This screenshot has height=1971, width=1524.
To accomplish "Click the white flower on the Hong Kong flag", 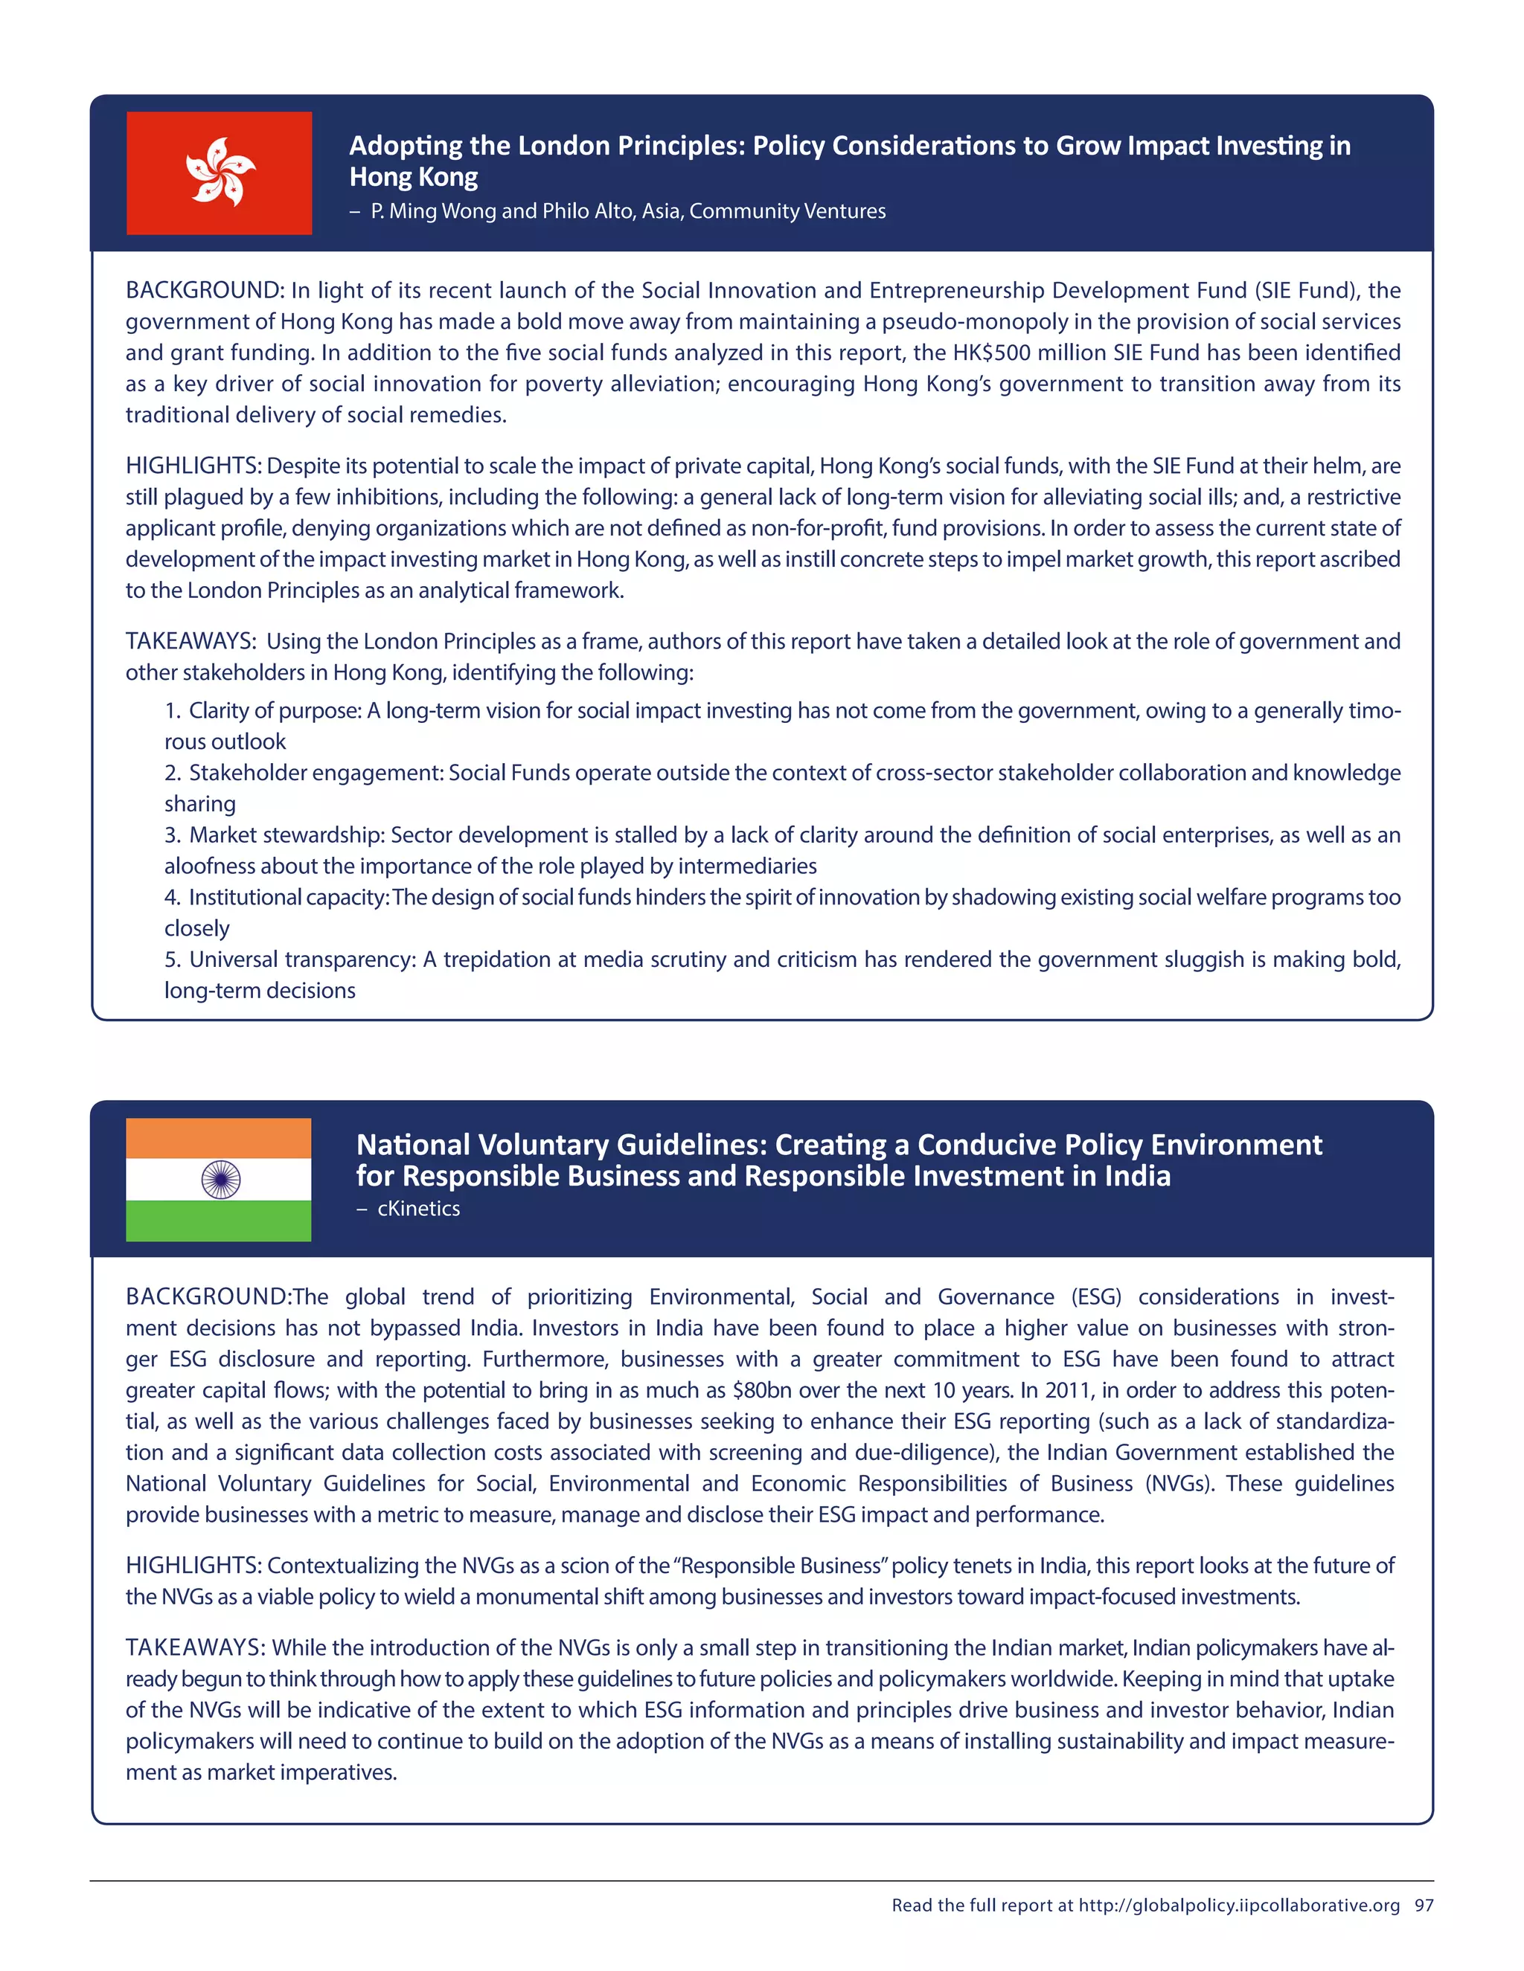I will (x=220, y=172).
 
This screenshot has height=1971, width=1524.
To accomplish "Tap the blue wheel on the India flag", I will (x=220, y=1179).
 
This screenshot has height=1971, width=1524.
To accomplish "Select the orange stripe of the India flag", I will (x=219, y=1138).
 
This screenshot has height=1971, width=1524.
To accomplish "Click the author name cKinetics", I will (x=418, y=1209).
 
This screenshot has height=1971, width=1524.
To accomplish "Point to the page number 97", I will (x=1424, y=1905).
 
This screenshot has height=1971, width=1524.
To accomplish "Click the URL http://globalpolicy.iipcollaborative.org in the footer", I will (x=1239, y=1905).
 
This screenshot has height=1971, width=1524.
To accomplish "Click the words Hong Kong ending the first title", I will (x=414, y=177).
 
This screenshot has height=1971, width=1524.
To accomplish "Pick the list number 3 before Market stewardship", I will (x=172, y=835).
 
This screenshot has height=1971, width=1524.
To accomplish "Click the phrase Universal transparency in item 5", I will (x=301, y=959).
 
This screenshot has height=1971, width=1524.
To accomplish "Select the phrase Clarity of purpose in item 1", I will (x=275, y=711).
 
